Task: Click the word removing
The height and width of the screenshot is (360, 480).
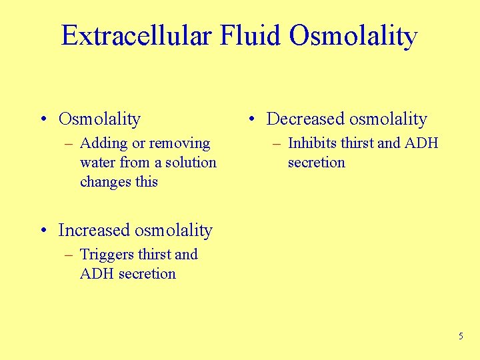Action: [179, 144]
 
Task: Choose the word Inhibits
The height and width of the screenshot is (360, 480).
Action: [312, 143]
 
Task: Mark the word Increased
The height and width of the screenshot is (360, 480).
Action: [94, 231]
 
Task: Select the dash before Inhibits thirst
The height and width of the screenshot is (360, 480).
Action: [276, 144]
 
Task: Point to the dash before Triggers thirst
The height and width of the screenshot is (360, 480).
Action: [68, 255]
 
